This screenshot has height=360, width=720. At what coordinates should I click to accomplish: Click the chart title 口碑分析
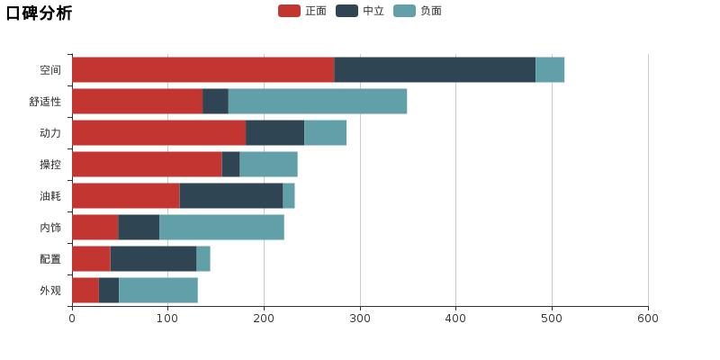point(39,13)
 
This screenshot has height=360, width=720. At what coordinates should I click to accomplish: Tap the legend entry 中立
point(361,11)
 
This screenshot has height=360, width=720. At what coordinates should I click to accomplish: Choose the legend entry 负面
point(418,11)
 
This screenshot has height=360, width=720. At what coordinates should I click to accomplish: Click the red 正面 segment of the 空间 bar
point(202,70)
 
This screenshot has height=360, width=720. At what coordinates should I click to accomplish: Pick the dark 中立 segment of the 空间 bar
point(435,70)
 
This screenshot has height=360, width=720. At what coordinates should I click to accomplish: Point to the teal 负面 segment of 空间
point(550,70)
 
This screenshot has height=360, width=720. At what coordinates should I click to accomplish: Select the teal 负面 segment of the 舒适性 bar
point(317,102)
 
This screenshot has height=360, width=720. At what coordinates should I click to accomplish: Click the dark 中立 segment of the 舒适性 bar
point(215,102)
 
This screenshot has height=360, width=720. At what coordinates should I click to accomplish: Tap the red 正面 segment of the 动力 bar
point(158,133)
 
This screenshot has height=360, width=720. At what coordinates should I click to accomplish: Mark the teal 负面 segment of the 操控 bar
point(268,165)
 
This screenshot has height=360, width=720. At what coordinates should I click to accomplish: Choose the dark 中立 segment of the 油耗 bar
point(231,196)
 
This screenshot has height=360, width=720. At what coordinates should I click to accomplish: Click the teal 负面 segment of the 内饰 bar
point(221,228)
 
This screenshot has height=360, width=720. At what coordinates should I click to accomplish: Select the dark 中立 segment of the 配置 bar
point(153,259)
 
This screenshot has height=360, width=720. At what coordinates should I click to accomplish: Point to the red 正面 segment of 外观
point(85,291)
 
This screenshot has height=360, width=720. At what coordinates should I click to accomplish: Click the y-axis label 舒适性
point(45,102)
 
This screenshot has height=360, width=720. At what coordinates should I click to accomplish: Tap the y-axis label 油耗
point(50,196)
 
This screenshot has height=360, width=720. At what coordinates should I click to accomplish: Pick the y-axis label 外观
point(50,291)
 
